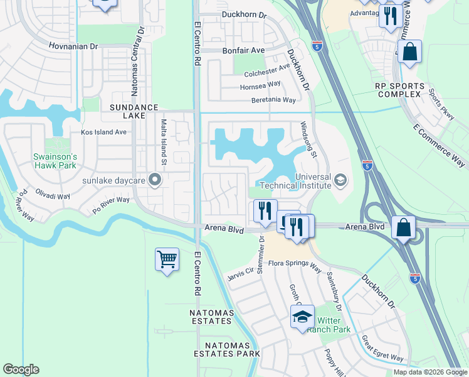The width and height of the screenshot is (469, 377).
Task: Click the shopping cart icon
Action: [167, 260]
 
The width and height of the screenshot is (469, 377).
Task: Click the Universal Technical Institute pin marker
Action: [340, 181]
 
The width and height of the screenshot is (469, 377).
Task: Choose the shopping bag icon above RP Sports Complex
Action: [409, 53]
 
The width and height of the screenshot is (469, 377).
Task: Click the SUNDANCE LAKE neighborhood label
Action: [134, 112]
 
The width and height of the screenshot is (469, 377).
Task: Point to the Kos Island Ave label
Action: [103, 133]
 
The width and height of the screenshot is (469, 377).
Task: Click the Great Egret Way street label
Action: [382, 348]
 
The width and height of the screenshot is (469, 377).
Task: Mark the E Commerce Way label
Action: [439, 145]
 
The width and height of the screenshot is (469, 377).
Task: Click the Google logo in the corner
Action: [21, 369]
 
